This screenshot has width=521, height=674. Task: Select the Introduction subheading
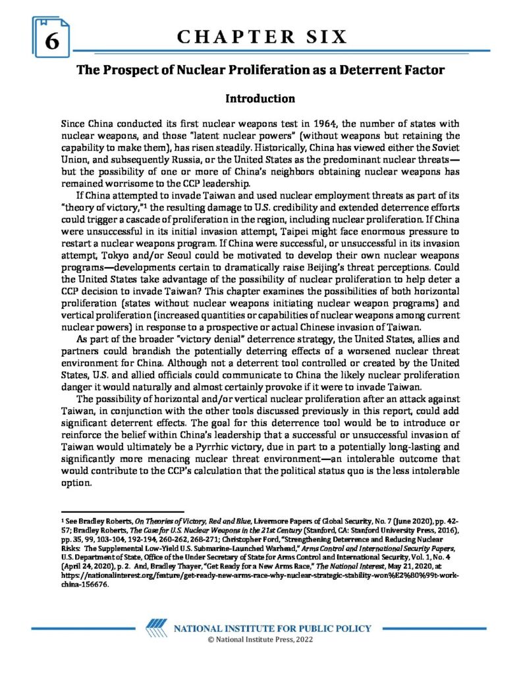[x=260, y=99]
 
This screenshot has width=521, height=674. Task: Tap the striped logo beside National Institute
[x=156, y=628]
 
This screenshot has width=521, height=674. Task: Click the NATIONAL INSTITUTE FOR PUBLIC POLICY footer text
[x=271, y=629]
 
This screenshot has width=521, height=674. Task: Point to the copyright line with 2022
[x=261, y=641]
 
